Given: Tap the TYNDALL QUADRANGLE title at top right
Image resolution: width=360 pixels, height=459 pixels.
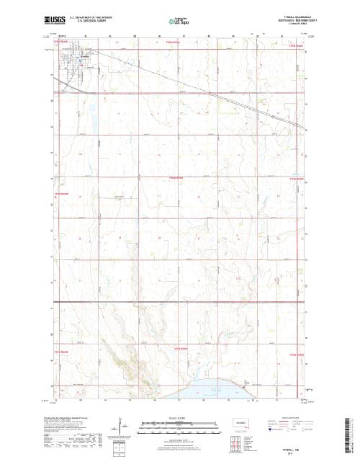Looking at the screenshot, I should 287,16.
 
